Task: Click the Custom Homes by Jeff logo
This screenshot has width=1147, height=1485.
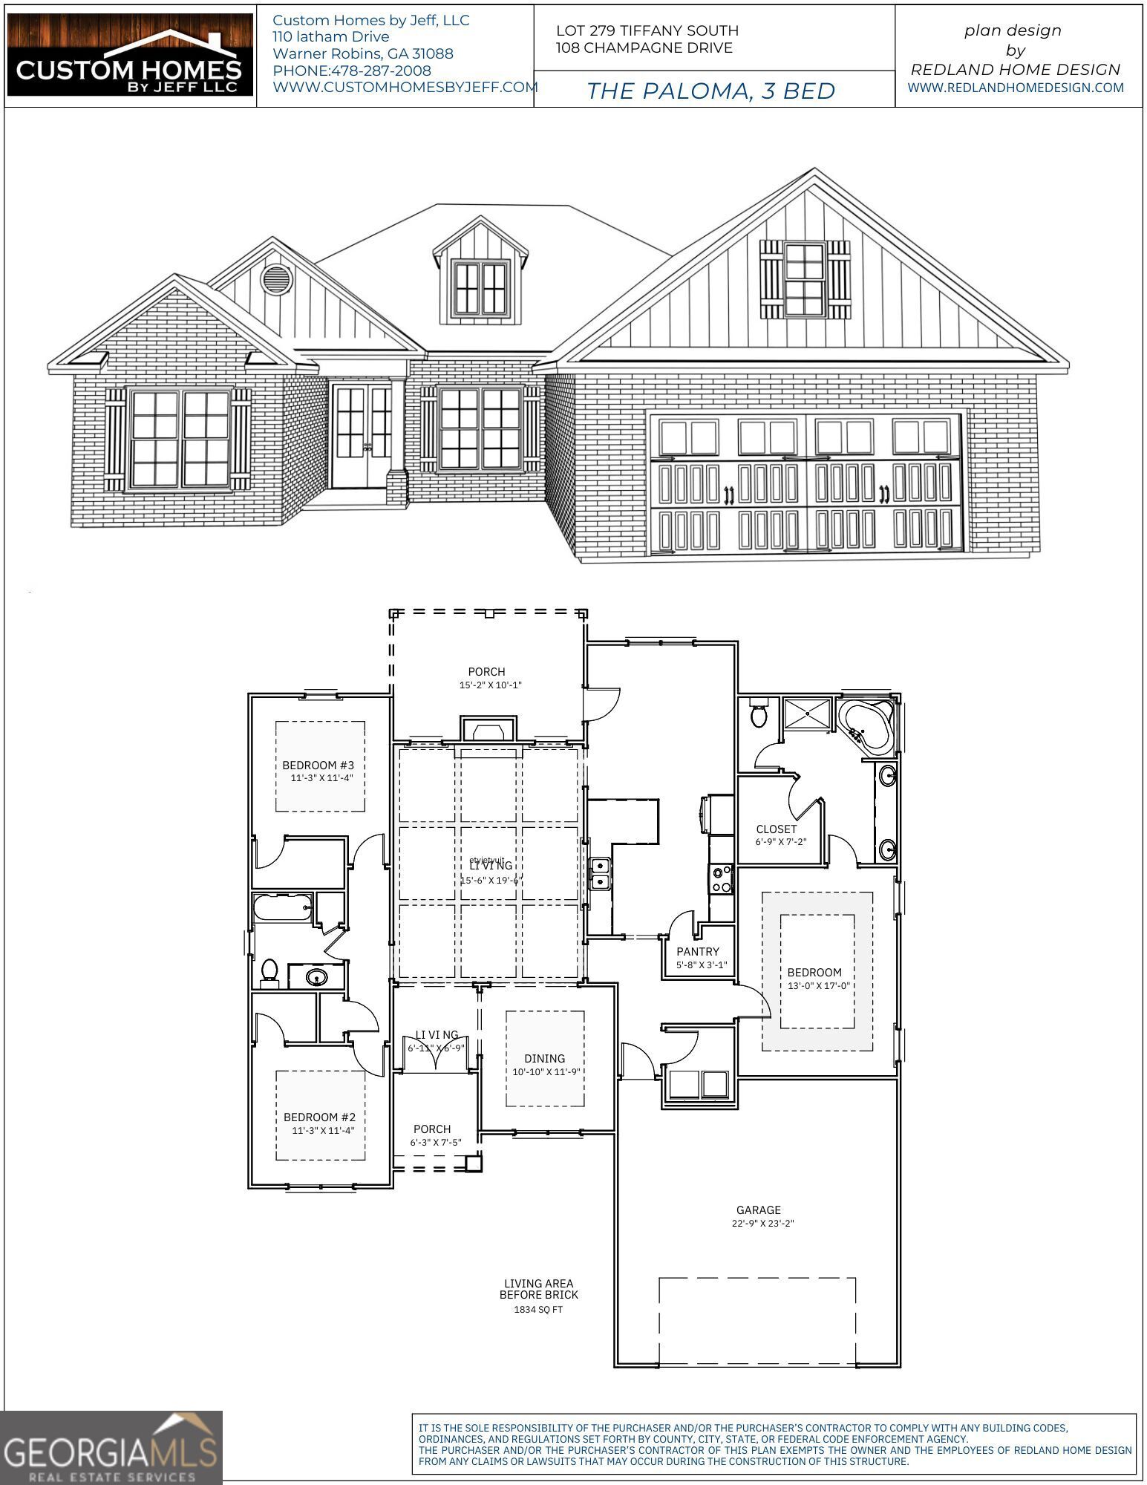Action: click(130, 56)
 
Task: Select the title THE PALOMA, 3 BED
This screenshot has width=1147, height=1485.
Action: click(711, 91)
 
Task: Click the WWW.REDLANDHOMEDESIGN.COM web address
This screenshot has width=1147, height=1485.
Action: click(1015, 88)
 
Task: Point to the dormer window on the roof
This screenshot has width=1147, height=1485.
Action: click(480, 287)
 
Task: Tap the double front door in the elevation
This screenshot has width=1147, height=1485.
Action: click(362, 437)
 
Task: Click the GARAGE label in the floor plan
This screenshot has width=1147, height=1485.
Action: click(758, 1210)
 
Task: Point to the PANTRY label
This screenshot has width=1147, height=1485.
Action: click(698, 952)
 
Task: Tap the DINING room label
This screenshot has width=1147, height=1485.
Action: click(544, 1059)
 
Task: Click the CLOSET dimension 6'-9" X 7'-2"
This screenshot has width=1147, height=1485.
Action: click(780, 842)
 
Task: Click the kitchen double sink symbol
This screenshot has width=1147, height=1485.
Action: click(600, 874)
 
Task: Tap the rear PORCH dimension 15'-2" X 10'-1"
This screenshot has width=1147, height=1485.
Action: click(490, 685)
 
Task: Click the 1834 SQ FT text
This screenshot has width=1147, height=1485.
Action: click(538, 1310)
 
